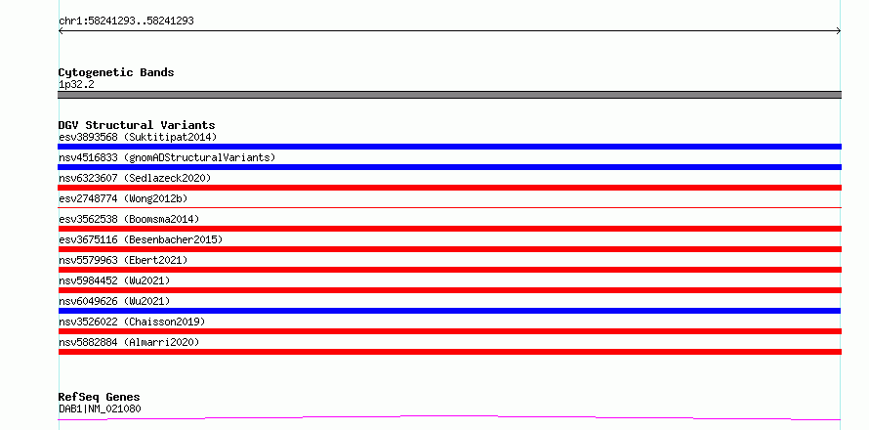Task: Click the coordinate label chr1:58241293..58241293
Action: point(126,21)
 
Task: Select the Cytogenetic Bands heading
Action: point(116,72)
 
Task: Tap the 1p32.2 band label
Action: point(76,85)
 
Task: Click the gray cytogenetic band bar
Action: point(449,95)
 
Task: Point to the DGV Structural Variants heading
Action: point(137,125)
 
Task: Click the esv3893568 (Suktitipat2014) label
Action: point(138,137)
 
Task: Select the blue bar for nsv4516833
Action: point(449,167)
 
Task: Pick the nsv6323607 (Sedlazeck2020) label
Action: point(135,178)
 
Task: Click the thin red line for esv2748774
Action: point(449,207)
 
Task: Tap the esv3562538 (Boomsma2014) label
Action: point(129,219)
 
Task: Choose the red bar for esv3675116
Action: point(449,249)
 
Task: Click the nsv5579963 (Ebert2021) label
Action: point(123,260)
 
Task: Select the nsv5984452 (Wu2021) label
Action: point(114,280)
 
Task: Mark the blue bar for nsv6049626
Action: point(449,311)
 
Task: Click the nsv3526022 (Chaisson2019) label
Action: point(132,322)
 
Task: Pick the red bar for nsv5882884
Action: point(449,352)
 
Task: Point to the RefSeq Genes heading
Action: point(100,398)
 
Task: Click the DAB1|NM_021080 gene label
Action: point(100,409)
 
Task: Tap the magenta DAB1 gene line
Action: point(449,417)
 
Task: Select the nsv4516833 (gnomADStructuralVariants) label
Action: point(167,157)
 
